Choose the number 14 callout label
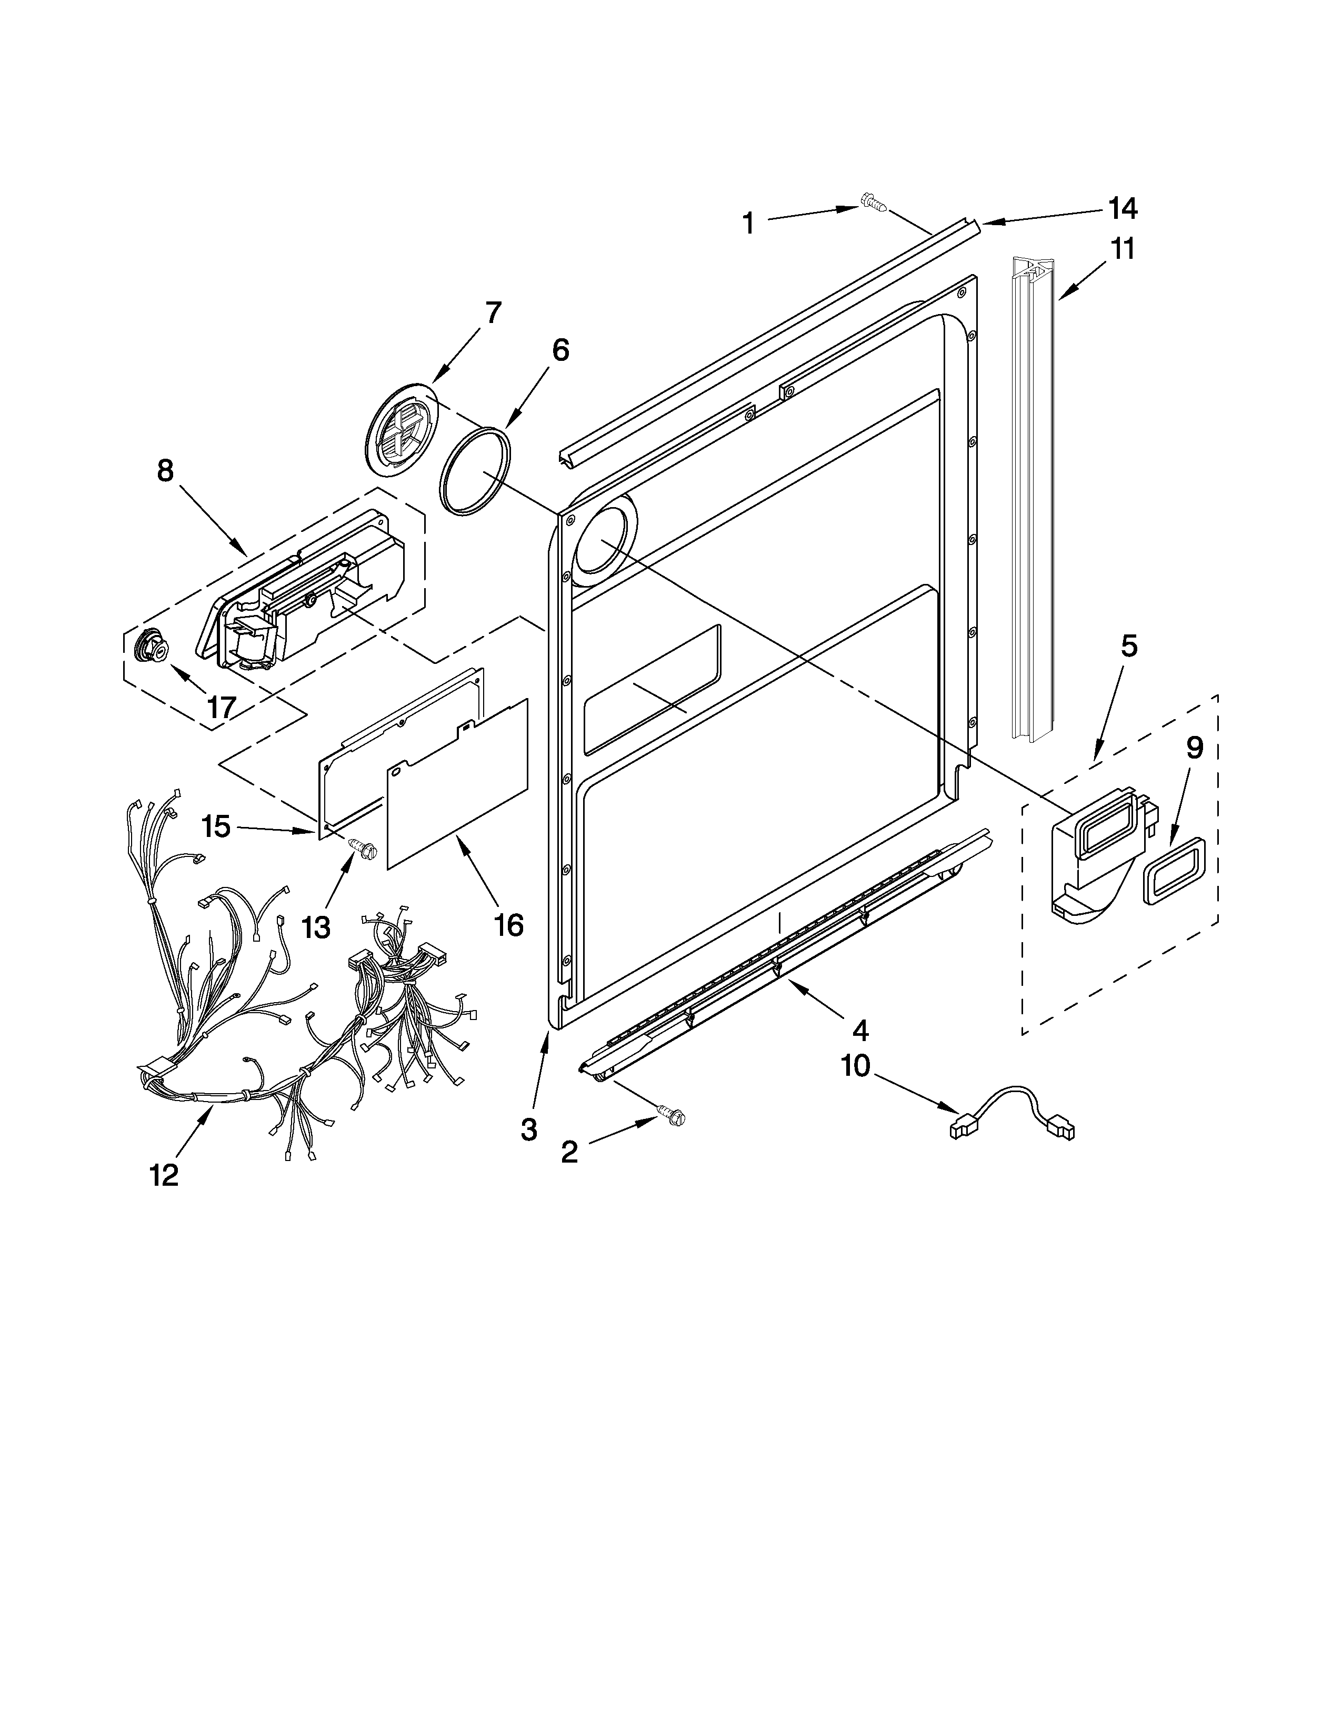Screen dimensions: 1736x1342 pos(1123,208)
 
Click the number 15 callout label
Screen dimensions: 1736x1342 pos(215,826)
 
